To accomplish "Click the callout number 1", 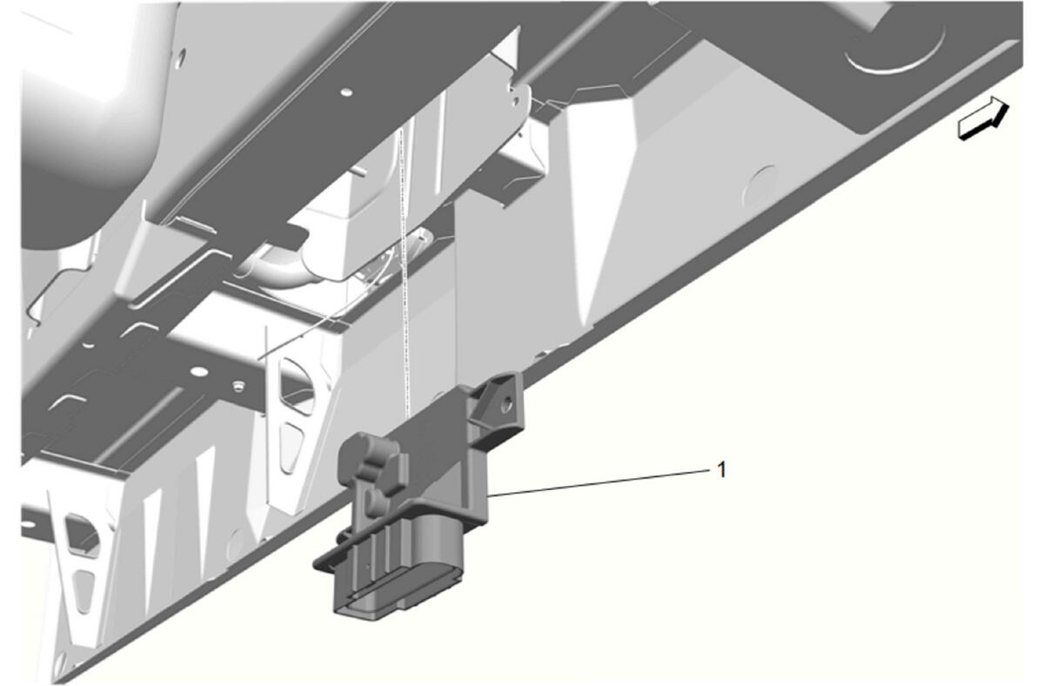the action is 721,469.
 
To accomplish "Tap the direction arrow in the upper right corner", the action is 983,118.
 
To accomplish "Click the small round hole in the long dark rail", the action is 346,92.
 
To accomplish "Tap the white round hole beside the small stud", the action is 199,371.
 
